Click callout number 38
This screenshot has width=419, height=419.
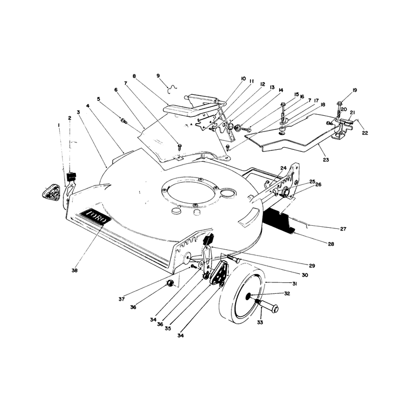74,270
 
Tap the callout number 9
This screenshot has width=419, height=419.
158,76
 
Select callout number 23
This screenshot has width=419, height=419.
326,160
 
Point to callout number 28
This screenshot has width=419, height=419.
331,244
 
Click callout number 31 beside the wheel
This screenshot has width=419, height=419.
294,284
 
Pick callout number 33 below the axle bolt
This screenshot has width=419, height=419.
260,323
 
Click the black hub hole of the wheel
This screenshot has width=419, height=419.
248,295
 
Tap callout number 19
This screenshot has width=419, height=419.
355,90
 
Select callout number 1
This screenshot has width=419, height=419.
59,125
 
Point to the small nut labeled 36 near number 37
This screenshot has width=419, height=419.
169,283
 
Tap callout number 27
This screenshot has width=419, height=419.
343,229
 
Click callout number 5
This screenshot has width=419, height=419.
98,99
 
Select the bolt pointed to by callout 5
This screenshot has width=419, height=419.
124,121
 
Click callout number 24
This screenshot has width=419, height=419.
283,168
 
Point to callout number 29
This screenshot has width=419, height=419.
312,266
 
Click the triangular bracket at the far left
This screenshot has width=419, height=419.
51,191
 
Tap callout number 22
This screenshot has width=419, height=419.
365,133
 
